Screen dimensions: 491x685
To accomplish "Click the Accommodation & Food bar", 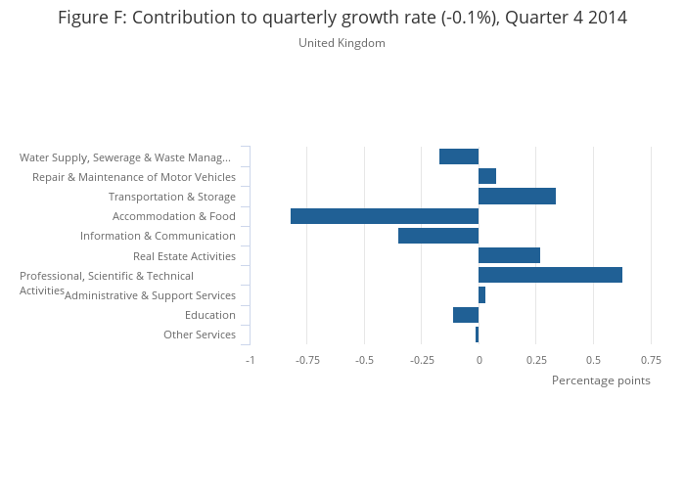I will (385, 216).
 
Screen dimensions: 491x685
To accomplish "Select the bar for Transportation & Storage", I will (517, 197).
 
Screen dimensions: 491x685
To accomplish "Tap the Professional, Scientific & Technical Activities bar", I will (550, 275).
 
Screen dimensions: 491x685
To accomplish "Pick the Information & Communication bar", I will (438, 236).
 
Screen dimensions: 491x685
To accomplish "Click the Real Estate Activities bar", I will (509, 255).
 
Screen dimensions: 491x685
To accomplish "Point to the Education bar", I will (466, 315).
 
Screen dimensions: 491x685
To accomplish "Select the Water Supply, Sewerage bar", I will (459, 156).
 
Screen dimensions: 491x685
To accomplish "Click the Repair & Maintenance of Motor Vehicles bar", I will (487, 176).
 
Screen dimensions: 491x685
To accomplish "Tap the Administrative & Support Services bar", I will (481, 295).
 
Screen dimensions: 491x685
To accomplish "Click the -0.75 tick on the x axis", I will (307, 360).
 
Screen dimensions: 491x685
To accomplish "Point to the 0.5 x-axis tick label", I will (593, 360).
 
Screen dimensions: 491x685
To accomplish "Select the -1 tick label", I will (250, 360).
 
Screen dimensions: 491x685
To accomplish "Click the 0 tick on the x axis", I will (479, 360).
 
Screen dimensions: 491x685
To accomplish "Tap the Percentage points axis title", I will (601, 380).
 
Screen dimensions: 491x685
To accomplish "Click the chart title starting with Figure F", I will (342, 18).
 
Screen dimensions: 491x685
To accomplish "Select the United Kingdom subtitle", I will (342, 43).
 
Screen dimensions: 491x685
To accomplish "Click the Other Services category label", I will (200, 335).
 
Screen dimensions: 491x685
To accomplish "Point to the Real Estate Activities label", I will (184, 256).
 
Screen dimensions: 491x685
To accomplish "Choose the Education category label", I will (210, 315).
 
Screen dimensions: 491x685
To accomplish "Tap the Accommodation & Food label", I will (174, 216).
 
